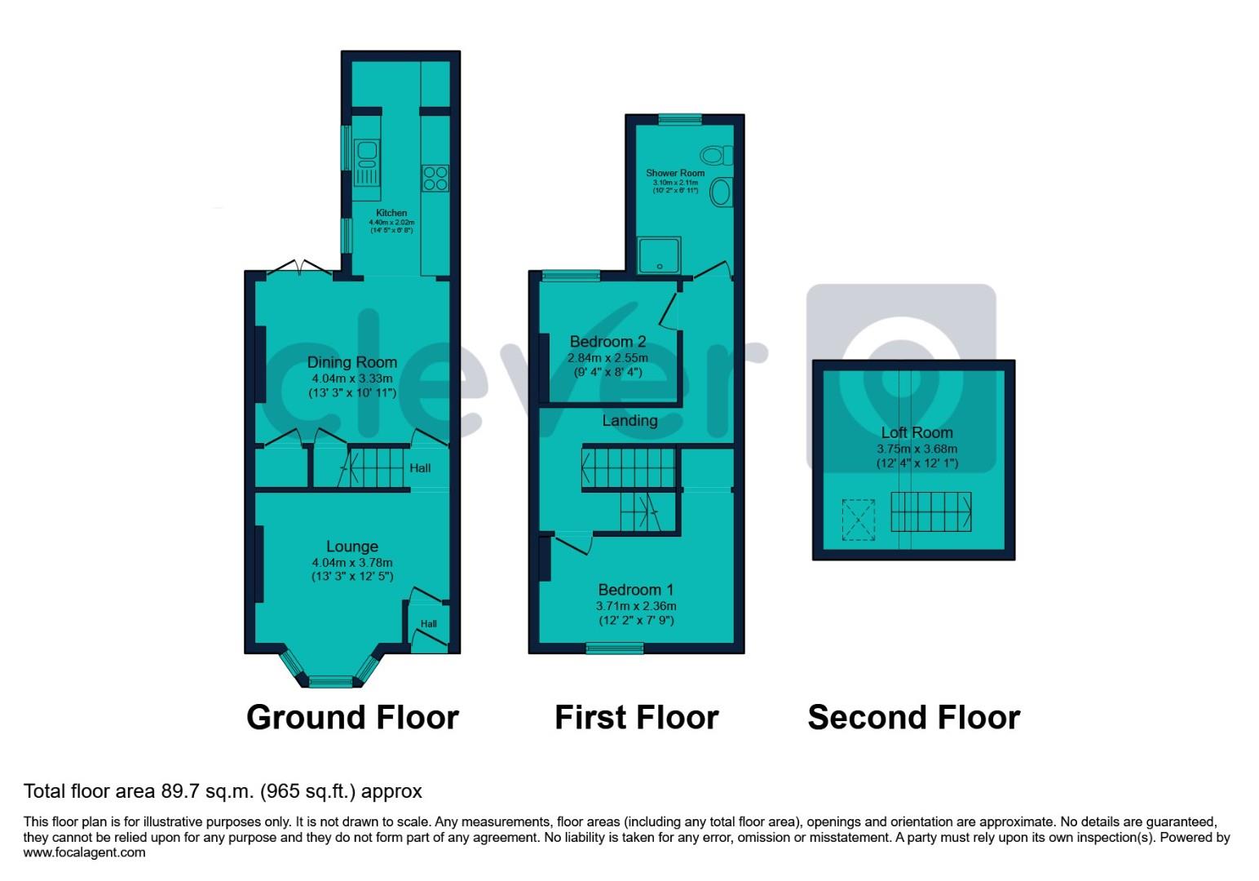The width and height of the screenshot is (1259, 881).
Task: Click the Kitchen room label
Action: coord(391,213)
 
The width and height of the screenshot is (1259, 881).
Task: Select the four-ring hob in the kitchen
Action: coord(435,178)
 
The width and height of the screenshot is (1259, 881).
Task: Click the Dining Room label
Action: coord(352,362)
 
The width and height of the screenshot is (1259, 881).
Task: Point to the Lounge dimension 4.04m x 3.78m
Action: coord(352,563)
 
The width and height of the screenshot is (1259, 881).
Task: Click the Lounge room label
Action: coord(352,547)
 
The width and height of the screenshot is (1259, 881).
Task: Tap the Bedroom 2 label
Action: coord(607,342)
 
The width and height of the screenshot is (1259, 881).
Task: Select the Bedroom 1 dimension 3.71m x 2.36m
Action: coord(636,606)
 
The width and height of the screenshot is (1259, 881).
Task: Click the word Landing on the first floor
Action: coord(629,421)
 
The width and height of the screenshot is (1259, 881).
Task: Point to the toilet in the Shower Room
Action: coord(717,155)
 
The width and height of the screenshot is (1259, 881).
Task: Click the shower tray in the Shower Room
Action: coord(659,255)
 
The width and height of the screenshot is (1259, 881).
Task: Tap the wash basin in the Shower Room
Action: coord(721,193)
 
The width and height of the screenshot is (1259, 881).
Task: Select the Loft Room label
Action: coord(917,432)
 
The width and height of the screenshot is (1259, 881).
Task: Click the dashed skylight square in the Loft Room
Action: coord(858,520)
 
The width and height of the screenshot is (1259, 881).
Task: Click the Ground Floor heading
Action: coord(352,718)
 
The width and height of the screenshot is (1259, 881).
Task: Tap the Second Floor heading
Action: coord(913,718)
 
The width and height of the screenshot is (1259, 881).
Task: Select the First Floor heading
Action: coord(636,718)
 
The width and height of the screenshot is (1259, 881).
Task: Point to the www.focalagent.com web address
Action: coord(85,852)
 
